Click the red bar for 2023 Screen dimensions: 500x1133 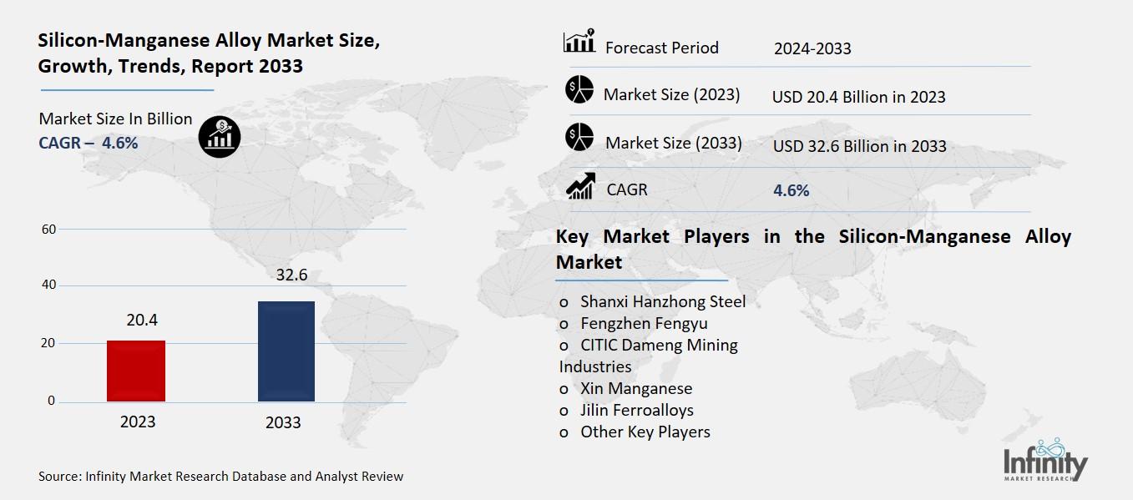click(136, 371)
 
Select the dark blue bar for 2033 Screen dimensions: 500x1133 click(286, 351)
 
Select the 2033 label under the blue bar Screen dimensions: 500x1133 click(283, 422)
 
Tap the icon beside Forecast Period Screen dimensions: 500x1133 click(579, 42)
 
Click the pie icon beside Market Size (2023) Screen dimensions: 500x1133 click(579, 89)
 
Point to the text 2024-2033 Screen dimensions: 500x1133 click(812, 48)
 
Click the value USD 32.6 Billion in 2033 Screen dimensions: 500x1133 click(859, 147)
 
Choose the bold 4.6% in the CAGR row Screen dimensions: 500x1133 click(792, 190)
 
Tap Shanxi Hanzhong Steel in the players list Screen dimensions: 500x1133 click(663, 301)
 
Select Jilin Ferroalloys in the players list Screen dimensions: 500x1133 click(636, 410)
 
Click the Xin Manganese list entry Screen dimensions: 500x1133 click(636, 388)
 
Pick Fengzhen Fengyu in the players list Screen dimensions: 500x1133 click(644, 323)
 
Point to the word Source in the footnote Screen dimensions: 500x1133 click(58, 477)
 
